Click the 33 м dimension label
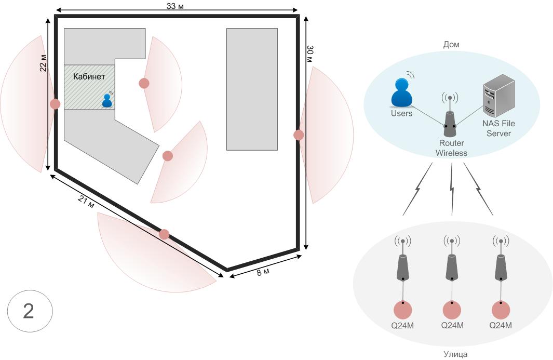(x=177, y=6)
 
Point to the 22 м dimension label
(x=44, y=63)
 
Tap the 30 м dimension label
(x=310, y=54)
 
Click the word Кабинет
(x=89, y=76)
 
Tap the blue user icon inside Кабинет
(x=107, y=100)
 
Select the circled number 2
(x=29, y=311)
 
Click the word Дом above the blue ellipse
(x=451, y=45)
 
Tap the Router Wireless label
(x=451, y=148)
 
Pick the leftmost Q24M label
(x=402, y=326)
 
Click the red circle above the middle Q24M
(x=451, y=310)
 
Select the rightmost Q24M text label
(x=501, y=326)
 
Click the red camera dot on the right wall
(x=299, y=135)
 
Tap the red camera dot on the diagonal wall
(x=164, y=234)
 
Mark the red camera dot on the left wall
(x=55, y=104)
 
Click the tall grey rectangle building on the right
(x=252, y=89)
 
